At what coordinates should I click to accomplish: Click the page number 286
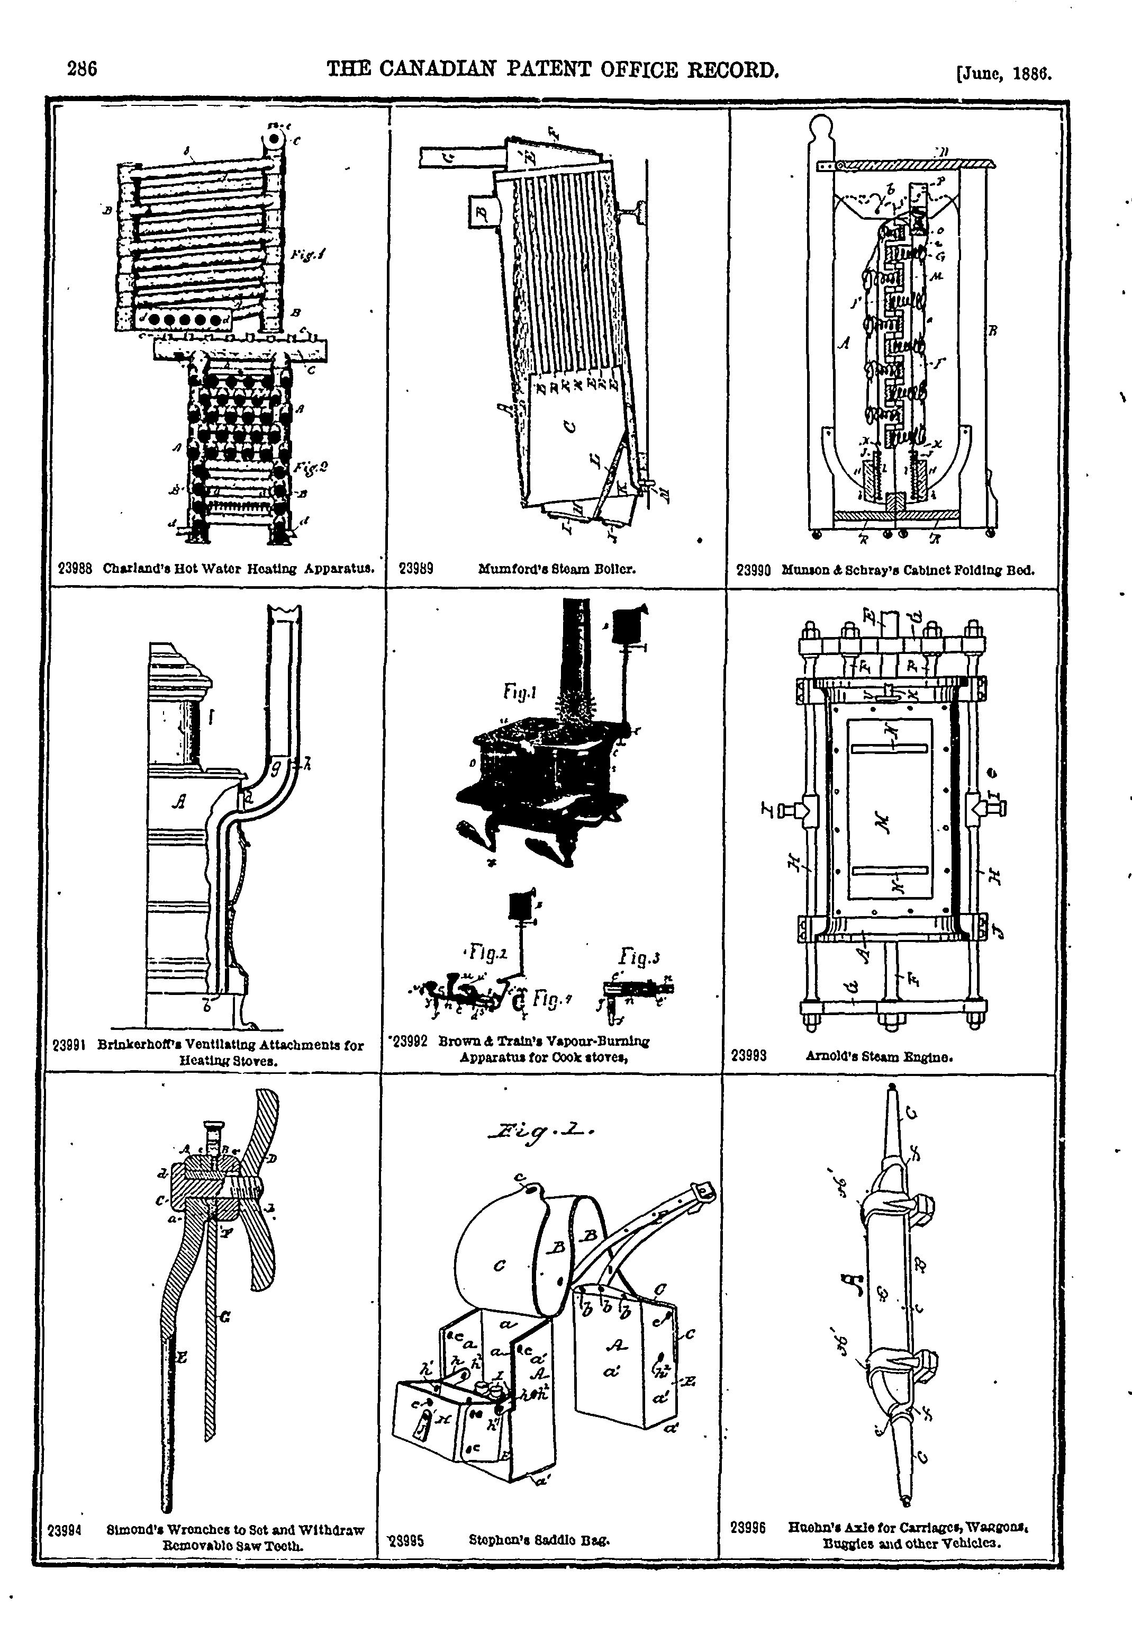82,69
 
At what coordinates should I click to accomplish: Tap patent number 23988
75,568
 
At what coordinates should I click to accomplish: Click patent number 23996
748,1528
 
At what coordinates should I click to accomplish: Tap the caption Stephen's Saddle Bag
539,1540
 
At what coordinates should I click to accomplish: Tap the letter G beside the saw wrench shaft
224,1317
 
